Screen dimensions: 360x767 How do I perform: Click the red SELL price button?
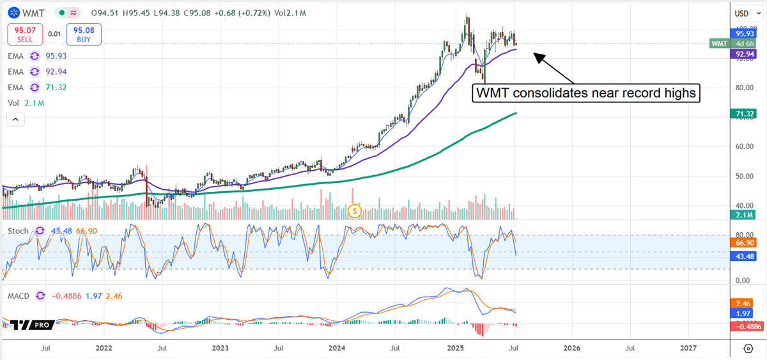click(25, 33)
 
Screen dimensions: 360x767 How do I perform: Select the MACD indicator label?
click(19, 295)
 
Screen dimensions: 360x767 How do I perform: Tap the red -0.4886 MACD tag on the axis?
click(743, 325)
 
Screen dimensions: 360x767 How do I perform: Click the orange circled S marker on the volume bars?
click(356, 210)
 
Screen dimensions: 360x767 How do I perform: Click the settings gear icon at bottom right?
click(748, 348)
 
